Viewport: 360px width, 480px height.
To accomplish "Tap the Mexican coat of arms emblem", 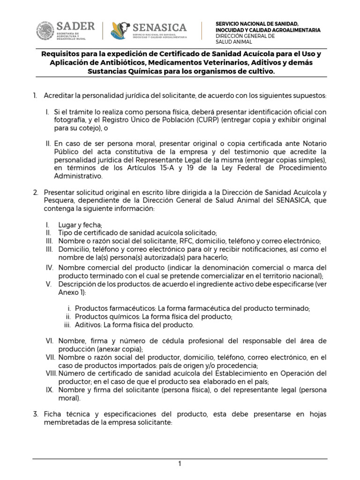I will tap(45, 31).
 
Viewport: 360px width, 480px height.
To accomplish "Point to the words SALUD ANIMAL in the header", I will tap(233, 42).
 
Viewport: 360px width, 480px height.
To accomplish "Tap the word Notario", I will tap(313, 142).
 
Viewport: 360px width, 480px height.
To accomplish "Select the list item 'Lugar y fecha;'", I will tap(80, 225).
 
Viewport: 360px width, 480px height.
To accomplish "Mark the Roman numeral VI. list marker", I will tap(50, 340).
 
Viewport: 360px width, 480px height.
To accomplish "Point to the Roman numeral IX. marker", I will tap(50, 390).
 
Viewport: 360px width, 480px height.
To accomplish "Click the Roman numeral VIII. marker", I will tap(51, 373).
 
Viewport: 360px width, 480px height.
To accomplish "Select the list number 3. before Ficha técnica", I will tap(36, 414).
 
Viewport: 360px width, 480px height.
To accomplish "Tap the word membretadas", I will tap(68, 422).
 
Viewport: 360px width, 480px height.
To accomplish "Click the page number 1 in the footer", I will tap(180, 464).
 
